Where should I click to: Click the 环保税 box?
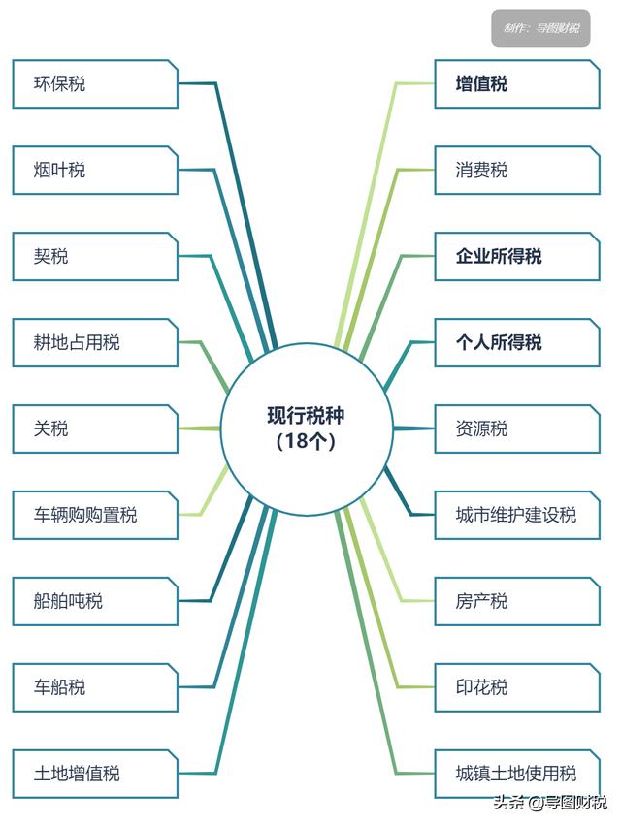click(x=95, y=84)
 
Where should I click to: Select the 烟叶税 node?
click(x=95, y=171)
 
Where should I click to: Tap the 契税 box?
click(x=95, y=257)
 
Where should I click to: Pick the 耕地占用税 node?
click(x=95, y=343)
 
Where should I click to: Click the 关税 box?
click(x=95, y=428)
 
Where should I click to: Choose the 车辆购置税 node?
click(x=95, y=515)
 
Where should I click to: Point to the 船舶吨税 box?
click(x=95, y=601)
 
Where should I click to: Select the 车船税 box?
click(x=95, y=687)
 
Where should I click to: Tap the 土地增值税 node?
click(x=95, y=774)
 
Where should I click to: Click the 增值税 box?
click(x=516, y=84)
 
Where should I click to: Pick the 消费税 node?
click(x=516, y=171)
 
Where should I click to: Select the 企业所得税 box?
click(x=516, y=257)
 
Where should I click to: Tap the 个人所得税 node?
click(x=516, y=343)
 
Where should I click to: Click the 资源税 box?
click(x=516, y=428)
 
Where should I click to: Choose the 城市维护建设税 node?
click(x=516, y=515)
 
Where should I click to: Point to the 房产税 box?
click(x=516, y=601)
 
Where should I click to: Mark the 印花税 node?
click(x=516, y=687)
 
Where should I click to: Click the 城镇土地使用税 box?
click(x=516, y=774)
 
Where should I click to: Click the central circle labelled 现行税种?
click(x=307, y=428)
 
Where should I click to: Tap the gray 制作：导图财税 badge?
click(x=540, y=28)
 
